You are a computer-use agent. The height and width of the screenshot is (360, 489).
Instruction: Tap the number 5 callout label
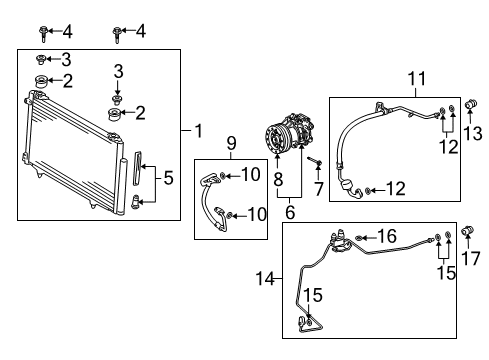click(x=169, y=179)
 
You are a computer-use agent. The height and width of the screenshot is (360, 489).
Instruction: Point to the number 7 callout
click(x=318, y=189)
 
